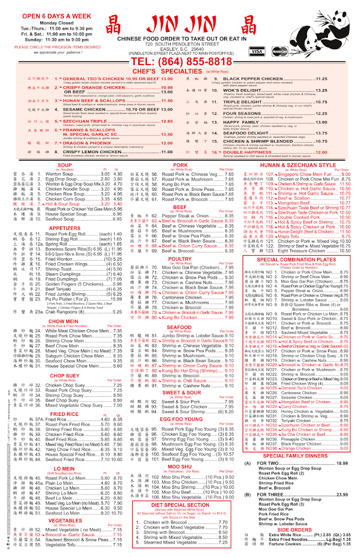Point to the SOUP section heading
click(64, 165)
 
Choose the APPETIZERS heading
click(64, 228)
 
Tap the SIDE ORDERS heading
click(295, 530)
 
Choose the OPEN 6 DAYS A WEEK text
click(50, 16)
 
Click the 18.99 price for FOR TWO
click(342, 463)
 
